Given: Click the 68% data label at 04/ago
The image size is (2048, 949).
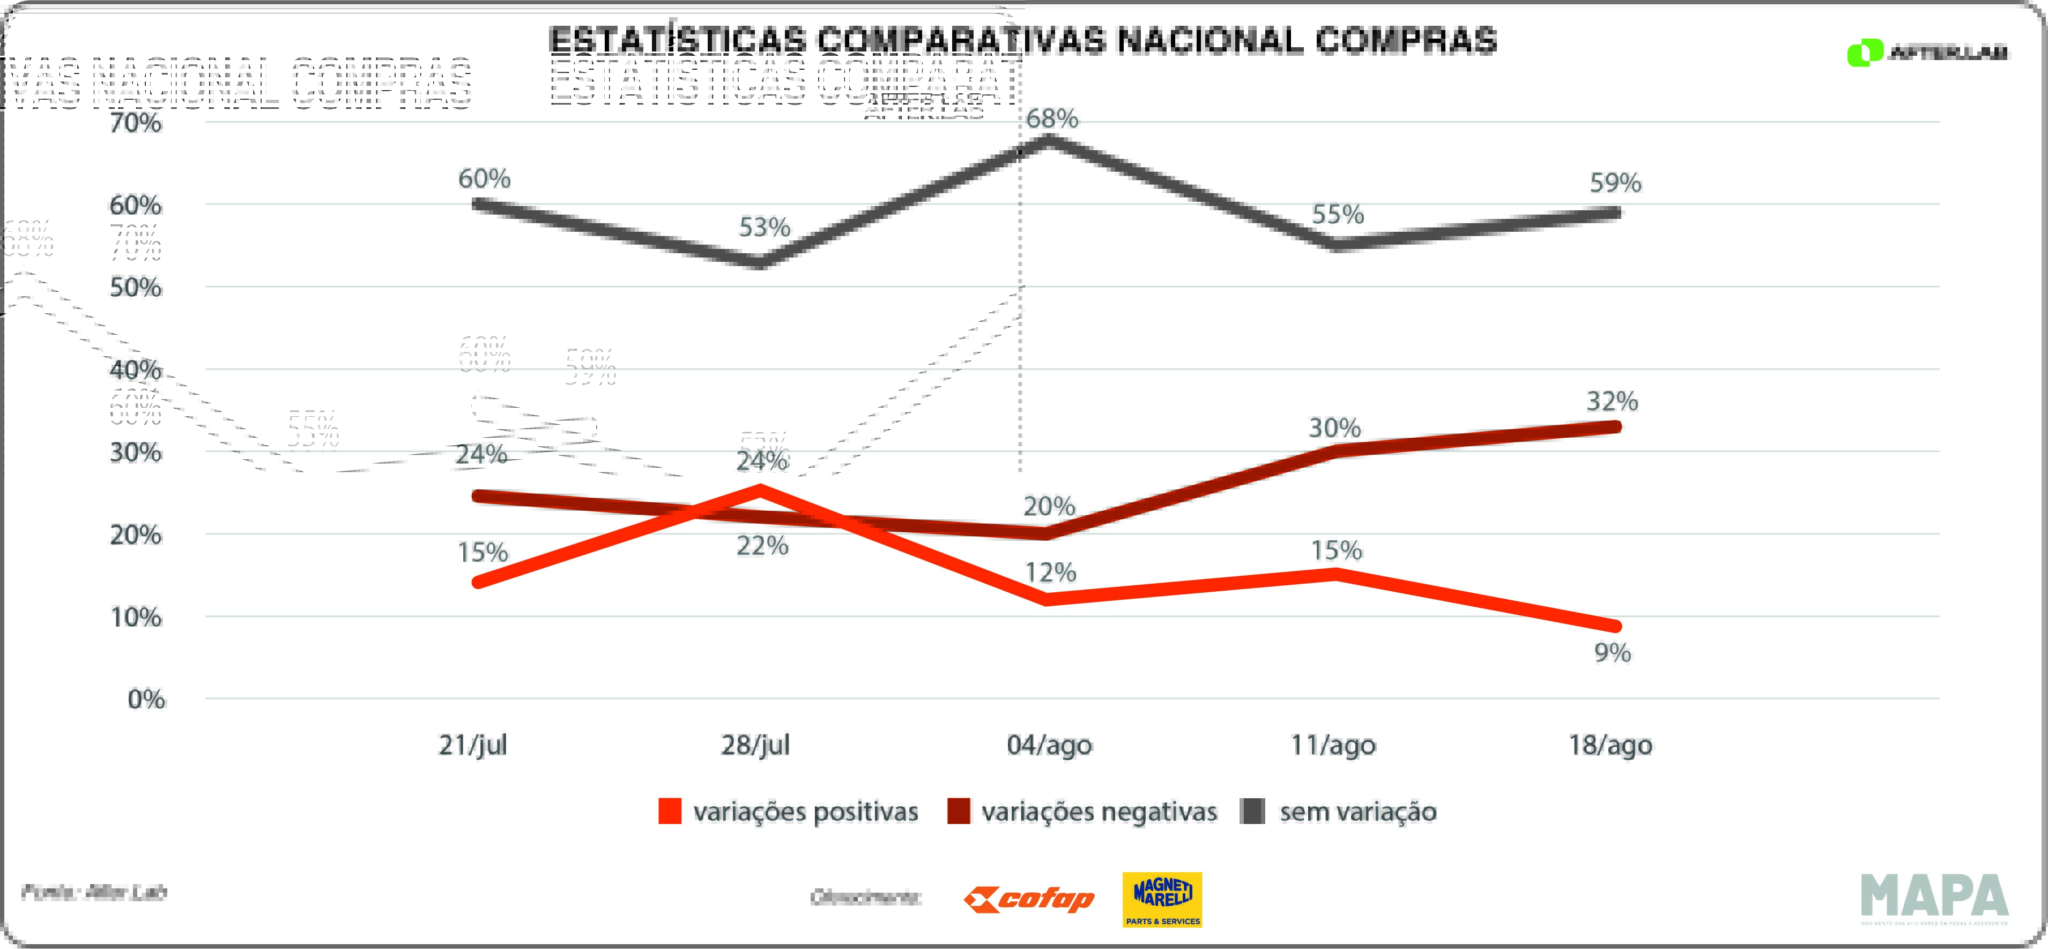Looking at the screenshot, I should point(1051,119).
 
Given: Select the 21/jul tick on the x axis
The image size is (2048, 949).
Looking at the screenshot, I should point(472,745).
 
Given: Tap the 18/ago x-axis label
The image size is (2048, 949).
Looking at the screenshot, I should point(1610,745).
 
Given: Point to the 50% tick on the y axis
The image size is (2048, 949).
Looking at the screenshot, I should point(135,287).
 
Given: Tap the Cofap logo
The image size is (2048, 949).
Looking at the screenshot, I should point(1029,900).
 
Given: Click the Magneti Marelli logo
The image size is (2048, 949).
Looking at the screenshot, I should point(1162,900).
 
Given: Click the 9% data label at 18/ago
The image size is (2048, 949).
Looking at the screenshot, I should point(1612,653).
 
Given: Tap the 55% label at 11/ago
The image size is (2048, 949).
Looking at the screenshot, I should point(1337,215).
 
